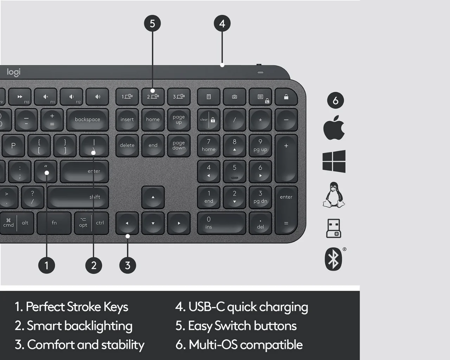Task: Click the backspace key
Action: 88,120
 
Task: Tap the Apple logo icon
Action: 334,128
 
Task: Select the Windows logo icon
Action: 334,161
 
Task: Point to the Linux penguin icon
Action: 334,195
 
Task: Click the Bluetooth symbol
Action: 333,259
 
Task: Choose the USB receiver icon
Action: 333,228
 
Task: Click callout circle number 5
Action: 152,24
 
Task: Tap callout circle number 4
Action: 222,24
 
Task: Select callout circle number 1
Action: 46,265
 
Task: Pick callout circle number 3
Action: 128,265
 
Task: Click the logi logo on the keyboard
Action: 14,72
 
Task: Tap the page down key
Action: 179,145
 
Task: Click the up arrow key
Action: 153,197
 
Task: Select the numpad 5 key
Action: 234,171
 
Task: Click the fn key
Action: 54,223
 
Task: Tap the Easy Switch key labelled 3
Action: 179,97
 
